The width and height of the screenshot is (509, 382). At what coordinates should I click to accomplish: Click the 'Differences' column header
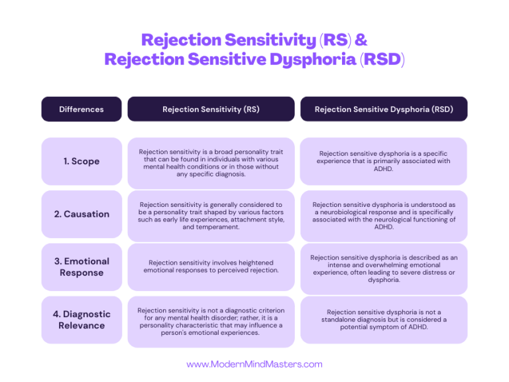click(82, 109)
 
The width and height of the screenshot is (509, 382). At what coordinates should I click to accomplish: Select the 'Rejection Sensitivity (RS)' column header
click(211, 109)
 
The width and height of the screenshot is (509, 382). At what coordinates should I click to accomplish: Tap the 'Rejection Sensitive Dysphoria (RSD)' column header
click(384, 109)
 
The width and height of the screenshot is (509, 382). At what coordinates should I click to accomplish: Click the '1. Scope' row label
click(82, 161)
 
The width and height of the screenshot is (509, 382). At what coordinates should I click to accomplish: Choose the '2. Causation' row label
click(82, 214)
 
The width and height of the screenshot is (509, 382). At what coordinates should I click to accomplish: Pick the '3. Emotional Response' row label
click(82, 267)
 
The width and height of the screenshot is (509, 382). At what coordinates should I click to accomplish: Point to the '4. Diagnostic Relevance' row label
click(82, 320)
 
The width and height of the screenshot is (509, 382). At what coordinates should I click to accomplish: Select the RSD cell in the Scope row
click(384, 161)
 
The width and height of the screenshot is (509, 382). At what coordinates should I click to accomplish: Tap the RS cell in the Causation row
click(211, 215)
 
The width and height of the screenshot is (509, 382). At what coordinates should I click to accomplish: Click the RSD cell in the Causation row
click(384, 215)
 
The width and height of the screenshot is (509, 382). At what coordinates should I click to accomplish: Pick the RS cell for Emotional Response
click(211, 267)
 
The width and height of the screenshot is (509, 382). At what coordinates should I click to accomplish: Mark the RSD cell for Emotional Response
click(384, 267)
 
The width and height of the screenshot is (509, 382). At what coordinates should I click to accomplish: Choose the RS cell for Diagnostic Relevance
click(211, 321)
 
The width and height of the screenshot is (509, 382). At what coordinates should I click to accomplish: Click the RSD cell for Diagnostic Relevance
click(384, 320)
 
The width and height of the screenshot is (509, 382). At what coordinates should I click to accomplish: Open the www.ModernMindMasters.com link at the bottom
click(254, 364)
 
